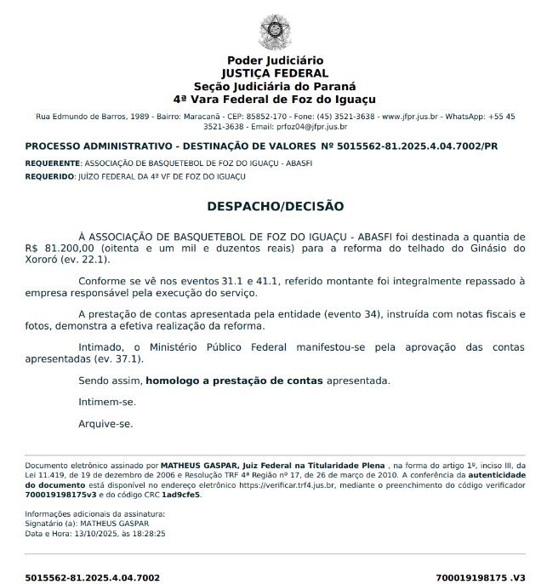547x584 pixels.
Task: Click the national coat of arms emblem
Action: [274, 31]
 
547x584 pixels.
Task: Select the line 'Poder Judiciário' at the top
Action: [274, 60]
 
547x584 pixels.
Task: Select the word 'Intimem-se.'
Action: [106, 402]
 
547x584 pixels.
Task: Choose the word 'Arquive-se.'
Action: [105, 423]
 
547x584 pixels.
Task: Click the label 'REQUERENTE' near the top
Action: [52, 162]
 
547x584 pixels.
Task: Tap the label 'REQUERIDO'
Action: [49, 176]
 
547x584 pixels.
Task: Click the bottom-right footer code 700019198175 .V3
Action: [481, 577]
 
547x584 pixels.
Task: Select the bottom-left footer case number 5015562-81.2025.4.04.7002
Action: [92, 577]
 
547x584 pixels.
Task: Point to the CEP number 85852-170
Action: [265, 116]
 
